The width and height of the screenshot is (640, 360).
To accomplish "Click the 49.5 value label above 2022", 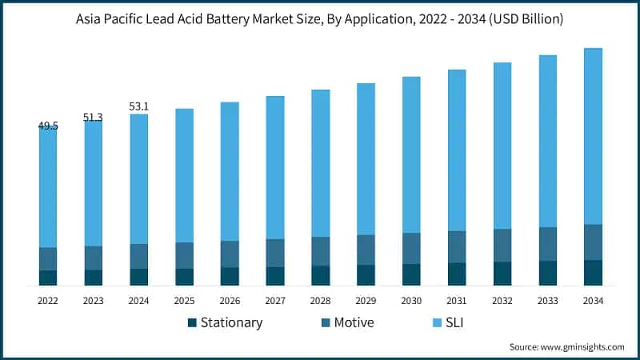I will [x=47, y=126].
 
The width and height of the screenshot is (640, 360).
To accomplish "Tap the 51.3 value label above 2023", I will [x=93, y=118].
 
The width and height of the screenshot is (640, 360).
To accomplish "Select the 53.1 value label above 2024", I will [x=138, y=106].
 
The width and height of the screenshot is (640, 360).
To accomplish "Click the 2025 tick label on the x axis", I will [x=184, y=300].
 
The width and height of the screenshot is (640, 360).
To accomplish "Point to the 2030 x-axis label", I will [x=411, y=300].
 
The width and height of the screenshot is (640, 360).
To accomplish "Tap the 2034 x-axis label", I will [x=593, y=300].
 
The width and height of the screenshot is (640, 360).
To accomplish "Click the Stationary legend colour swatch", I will [x=192, y=323].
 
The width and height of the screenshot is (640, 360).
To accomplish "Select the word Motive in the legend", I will [x=354, y=323].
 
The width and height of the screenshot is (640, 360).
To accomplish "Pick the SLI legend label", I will [x=455, y=323].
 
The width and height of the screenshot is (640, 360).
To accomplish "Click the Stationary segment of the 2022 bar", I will [x=48, y=278].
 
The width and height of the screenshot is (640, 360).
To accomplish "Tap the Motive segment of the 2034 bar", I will [x=593, y=242].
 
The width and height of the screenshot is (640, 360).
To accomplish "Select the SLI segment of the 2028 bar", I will [x=321, y=163].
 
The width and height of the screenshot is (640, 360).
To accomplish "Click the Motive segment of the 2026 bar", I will [x=230, y=254].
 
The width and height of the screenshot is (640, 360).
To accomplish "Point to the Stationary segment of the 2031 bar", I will [x=457, y=274].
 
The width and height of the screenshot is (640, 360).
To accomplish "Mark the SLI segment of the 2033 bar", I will [x=547, y=141].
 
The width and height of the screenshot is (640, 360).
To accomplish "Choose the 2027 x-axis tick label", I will [x=275, y=300].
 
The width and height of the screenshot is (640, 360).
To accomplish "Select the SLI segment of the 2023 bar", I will [x=93, y=183].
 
